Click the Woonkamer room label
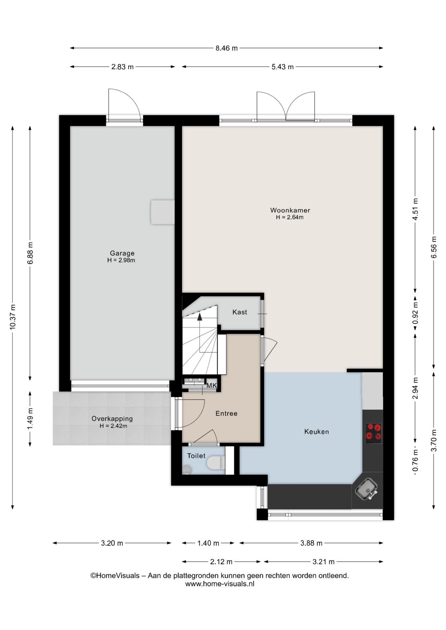click(x=290, y=210)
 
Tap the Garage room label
click(x=122, y=253)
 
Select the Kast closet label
click(x=240, y=312)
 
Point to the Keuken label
click(x=317, y=432)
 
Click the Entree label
click(x=226, y=413)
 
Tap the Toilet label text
click(x=196, y=456)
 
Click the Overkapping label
click(x=112, y=419)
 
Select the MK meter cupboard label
click(x=212, y=386)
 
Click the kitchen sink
click(x=367, y=489)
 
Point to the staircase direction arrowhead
click(x=199, y=316)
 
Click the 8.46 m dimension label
click(x=227, y=48)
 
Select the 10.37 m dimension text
click(x=12, y=317)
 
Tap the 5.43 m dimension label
click(x=282, y=67)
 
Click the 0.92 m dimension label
click(x=415, y=313)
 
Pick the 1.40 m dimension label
click(x=208, y=543)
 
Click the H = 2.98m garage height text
click(x=121, y=261)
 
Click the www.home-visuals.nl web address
click(x=220, y=584)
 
